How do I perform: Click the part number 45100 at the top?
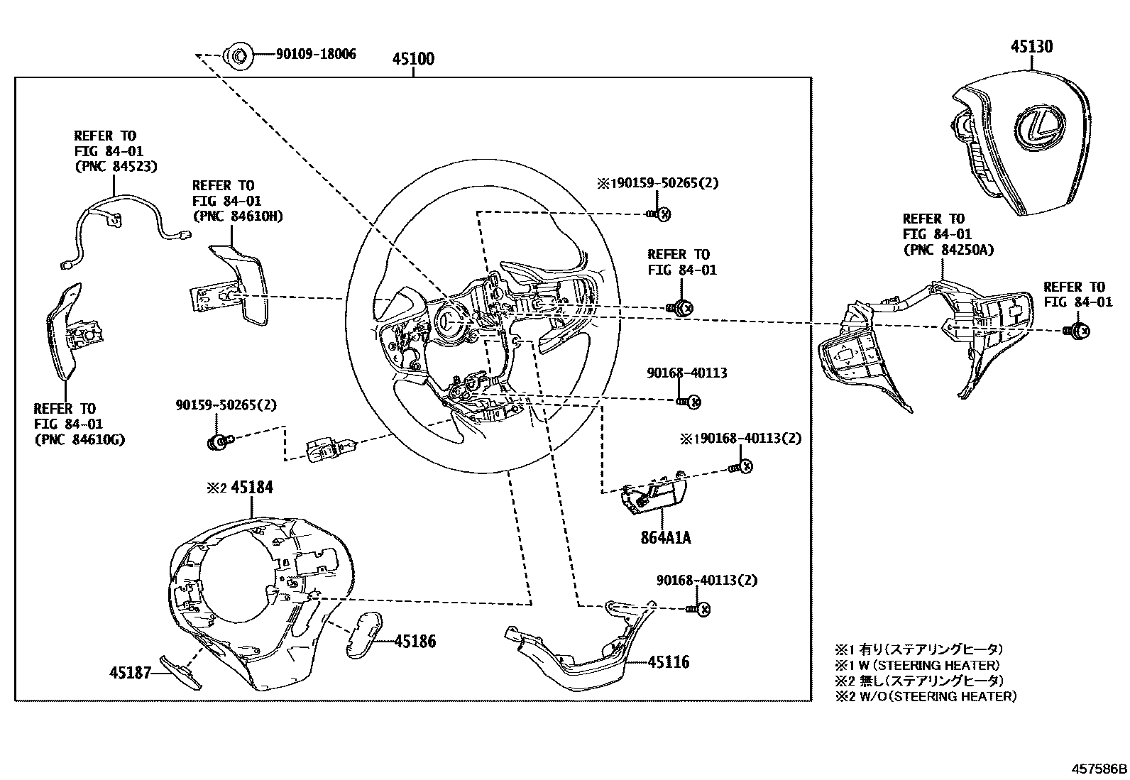[x=413, y=59]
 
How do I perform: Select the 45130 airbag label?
[x=1031, y=47]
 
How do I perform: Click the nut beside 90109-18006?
[x=237, y=55]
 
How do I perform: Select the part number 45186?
[x=415, y=642]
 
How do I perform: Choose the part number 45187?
[x=131, y=672]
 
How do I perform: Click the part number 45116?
[x=668, y=662]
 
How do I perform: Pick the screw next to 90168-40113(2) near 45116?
[x=699, y=609]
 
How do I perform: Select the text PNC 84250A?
[x=948, y=250]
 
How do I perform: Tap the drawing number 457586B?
[x=1099, y=769]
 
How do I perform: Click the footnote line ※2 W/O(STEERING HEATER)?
[x=926, y=696]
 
